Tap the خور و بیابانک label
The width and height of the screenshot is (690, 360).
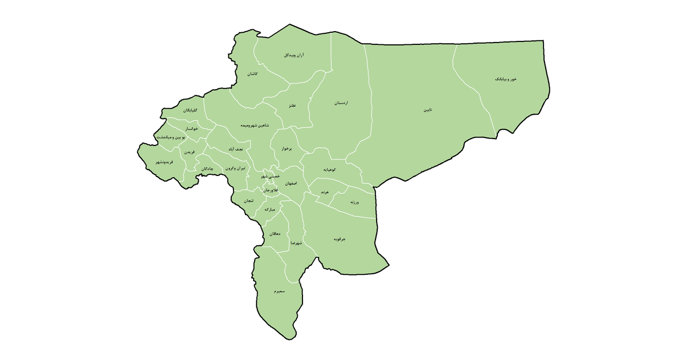coord(506,79)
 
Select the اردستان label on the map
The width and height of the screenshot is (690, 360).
coord(342,103)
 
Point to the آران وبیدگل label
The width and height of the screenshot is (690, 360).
coord(294,55)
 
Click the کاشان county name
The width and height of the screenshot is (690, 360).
coord(252,74)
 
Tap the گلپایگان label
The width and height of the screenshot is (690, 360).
coord(190,110)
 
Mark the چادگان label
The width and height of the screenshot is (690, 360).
coord(208,168)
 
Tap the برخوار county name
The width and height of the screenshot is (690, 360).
coord(286,148)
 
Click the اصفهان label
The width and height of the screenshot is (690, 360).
coord(290,182)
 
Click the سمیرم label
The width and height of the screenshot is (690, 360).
coord(279,292)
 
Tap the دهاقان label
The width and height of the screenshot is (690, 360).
coord(275,233)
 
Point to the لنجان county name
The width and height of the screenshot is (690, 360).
coord(248,201)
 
